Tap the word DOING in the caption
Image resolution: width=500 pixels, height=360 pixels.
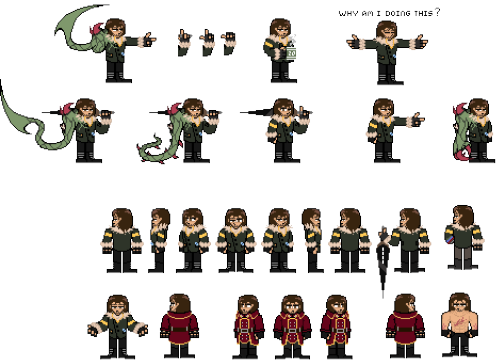tap(398, 13)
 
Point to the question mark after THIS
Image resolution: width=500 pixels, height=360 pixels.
tap(438, 12)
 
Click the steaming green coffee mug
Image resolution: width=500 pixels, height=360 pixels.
tap(290, 51)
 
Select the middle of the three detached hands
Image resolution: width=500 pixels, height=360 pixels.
tap(207, 42)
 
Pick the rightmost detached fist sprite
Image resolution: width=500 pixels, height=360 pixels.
tap(229, 43)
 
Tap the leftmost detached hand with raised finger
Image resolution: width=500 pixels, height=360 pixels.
tap(184, 42)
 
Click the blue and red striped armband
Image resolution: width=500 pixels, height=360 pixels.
tap(448, 239)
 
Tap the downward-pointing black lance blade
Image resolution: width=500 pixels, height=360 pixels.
tap(383, 262)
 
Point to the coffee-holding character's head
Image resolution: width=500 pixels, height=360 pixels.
tap(280, 28)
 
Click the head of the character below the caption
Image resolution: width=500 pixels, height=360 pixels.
tap(386, 30)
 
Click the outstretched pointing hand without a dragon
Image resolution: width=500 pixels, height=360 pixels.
tap(417, 119)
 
